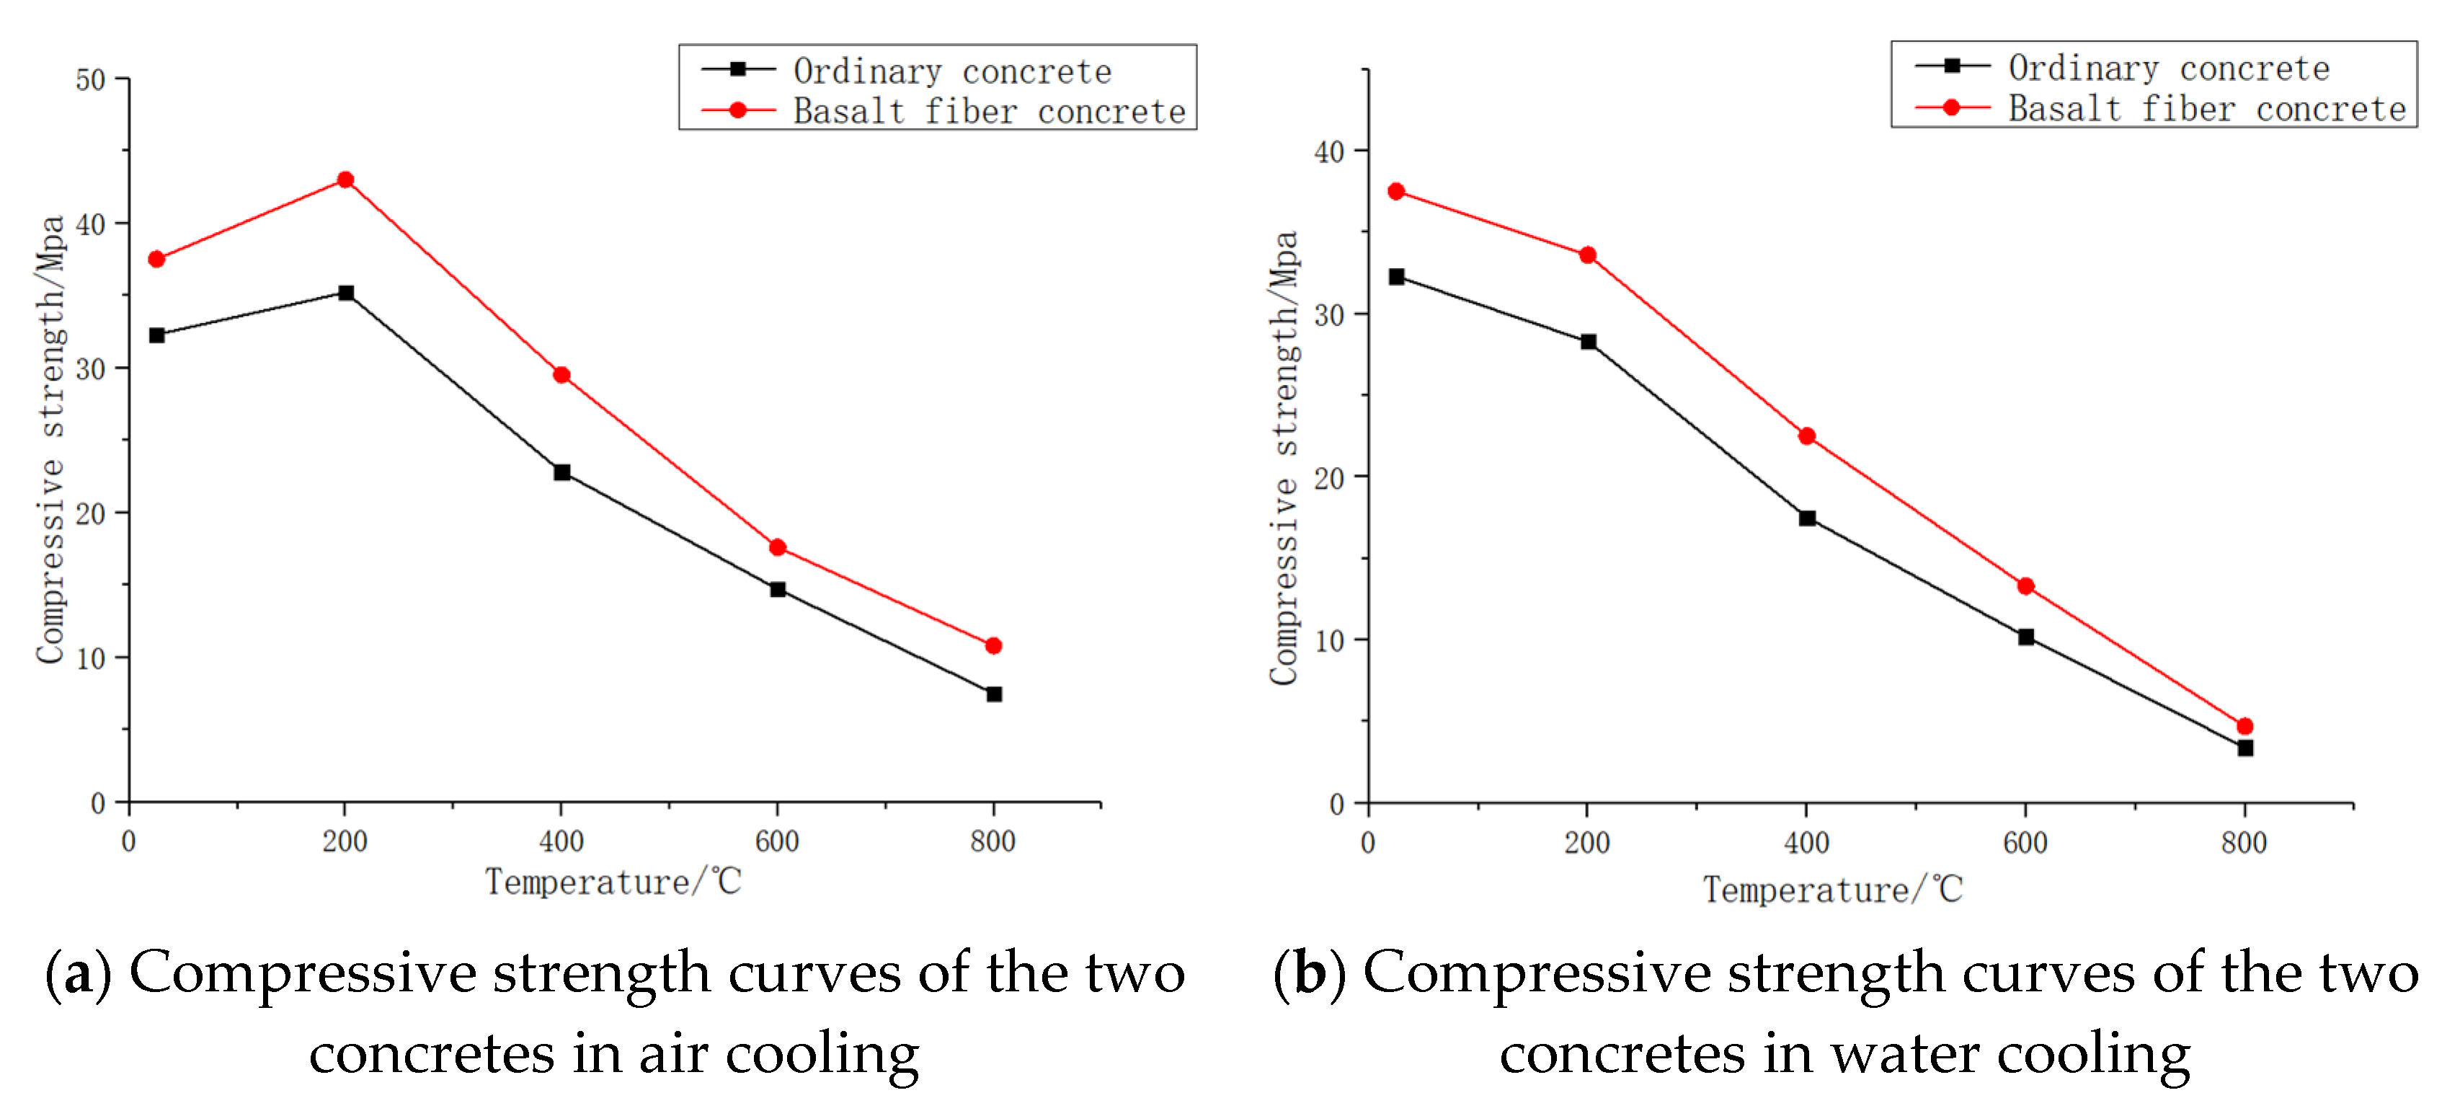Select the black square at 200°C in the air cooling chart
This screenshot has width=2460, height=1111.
pyautogui.click(x=346, y=292)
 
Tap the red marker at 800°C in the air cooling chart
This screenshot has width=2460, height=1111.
pyautogui.click(x=993, y=646)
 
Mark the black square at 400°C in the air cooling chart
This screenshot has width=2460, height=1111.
pyautogui.click(x=561, y=472)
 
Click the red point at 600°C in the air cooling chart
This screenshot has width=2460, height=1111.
pyautogui.click(x=777, y=547)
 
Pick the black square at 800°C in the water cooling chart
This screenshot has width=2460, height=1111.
pyautogui.click(x=2245, y=748)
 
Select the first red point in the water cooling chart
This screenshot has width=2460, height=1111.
pyautogui.click(x=1396, y=191)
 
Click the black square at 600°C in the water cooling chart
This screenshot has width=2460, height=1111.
pyautogui.click(x=2025, y=636)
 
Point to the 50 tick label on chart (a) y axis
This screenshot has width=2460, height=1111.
pyautogui.click(x=91, y=80)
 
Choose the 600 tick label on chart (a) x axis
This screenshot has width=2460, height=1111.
pyautogui.click(x=776, y=841)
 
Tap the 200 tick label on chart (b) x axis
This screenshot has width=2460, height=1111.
pyautogui.click(x=1586, y=844)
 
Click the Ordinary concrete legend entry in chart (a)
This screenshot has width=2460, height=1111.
pyautogui.click(x=952, y=71)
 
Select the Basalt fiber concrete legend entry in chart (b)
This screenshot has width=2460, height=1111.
pyautogui.click(x=2206, y=109)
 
